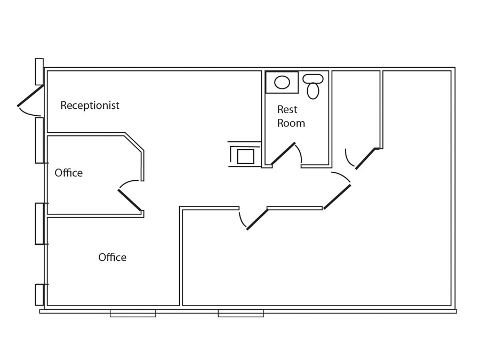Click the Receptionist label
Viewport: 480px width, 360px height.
(90, 105)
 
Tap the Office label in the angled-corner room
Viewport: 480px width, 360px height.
(69, 173)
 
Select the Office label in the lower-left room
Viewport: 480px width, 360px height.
(113, 257)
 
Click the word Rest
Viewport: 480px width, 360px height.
(287, 109)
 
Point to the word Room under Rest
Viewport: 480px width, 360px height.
(291, 123)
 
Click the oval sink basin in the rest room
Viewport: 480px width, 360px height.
(282, 82)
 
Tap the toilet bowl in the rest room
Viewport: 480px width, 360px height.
(313, 91)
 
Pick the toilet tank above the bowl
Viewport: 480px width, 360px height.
(313, 79)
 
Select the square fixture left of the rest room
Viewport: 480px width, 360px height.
(245, 156)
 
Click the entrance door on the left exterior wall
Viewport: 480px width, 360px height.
(30, 96)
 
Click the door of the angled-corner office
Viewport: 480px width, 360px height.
(130, 201)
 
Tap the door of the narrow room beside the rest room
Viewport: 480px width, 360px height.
(365, 158)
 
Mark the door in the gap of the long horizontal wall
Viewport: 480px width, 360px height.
(258, 219)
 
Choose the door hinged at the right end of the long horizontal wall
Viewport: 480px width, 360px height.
(337, 197)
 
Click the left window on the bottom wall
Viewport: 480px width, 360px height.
(133, 313)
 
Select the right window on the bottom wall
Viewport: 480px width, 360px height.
(241, 313)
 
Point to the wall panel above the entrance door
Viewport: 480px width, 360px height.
(39, 71)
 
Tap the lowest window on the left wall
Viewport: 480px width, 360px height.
(39, 295)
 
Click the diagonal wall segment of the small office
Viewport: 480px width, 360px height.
(134, 142)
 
